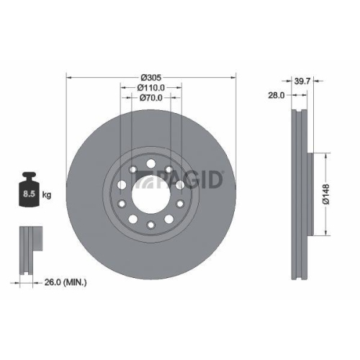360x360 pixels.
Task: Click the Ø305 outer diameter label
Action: pos(150,77)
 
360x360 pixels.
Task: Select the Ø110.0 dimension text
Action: pos(151,87)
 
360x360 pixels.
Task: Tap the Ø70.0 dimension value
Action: pos(150,98)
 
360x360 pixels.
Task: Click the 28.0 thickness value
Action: pos(276,94)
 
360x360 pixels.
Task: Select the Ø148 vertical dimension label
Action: pos(325,194)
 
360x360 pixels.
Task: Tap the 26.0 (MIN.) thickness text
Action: pos(65,283)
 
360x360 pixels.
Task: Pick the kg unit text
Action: pos(47,194)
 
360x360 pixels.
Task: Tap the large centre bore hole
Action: pos(150,195)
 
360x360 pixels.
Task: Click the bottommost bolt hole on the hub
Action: pos(150,225)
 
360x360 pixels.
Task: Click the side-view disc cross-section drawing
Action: pos(297,194)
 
